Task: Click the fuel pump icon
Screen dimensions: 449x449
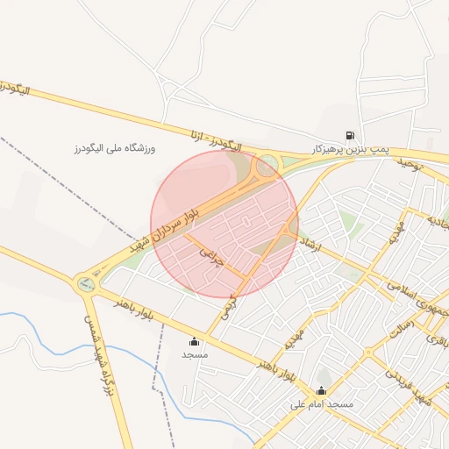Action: (351, 136)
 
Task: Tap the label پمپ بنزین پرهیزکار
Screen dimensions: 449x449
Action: (351, 150)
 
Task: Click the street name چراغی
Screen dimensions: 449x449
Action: (212, 255)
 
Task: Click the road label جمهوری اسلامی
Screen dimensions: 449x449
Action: (417, 299)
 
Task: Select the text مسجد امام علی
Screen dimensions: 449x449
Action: (321, 405)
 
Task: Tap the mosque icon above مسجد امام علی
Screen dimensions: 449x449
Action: (322, 391)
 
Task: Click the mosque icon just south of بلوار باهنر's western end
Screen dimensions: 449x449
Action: (194, 341)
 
